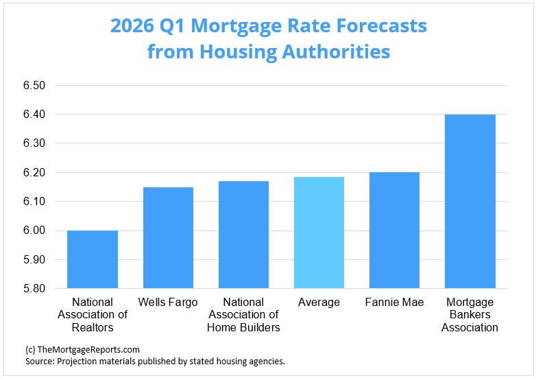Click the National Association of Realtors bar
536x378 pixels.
click(x=93, y=259)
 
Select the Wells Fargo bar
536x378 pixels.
click(x=168, y=237)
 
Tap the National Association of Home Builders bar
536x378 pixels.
click(x=243, y=235)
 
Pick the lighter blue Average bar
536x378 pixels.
click(x=319, y=233)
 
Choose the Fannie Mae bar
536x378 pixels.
click(x=394, y=230)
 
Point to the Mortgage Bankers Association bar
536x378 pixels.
click(x=470, y=201)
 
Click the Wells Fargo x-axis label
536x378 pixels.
click(x=168, y=303)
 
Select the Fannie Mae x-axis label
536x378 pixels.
click(x=394, y=303)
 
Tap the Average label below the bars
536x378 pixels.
click(x=319, y=303)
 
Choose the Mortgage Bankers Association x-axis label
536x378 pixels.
click(x=470, y=315)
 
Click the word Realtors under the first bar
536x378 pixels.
click(x=93, y=327)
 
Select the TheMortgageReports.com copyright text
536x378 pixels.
click(x=82, y=349)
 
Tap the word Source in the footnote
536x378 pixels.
click(x=40, y=361)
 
